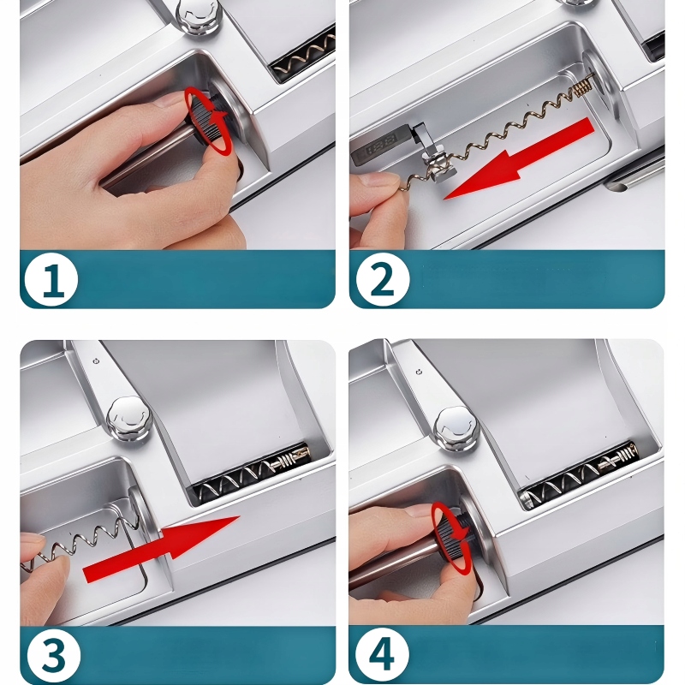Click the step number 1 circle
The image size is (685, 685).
coord(51,280)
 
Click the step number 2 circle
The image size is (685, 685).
coord(383,279)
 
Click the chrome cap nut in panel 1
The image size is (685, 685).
coord(200,16)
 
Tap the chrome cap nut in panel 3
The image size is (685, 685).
coord(129,418)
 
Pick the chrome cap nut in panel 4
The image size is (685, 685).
coord(457,429)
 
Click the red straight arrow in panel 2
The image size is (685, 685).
coord(519,158)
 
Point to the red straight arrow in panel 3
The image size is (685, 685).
coord(162,549)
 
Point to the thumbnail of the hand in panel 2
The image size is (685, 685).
coord(377,180)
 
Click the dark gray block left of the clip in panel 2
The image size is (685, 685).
coord(380,144)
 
